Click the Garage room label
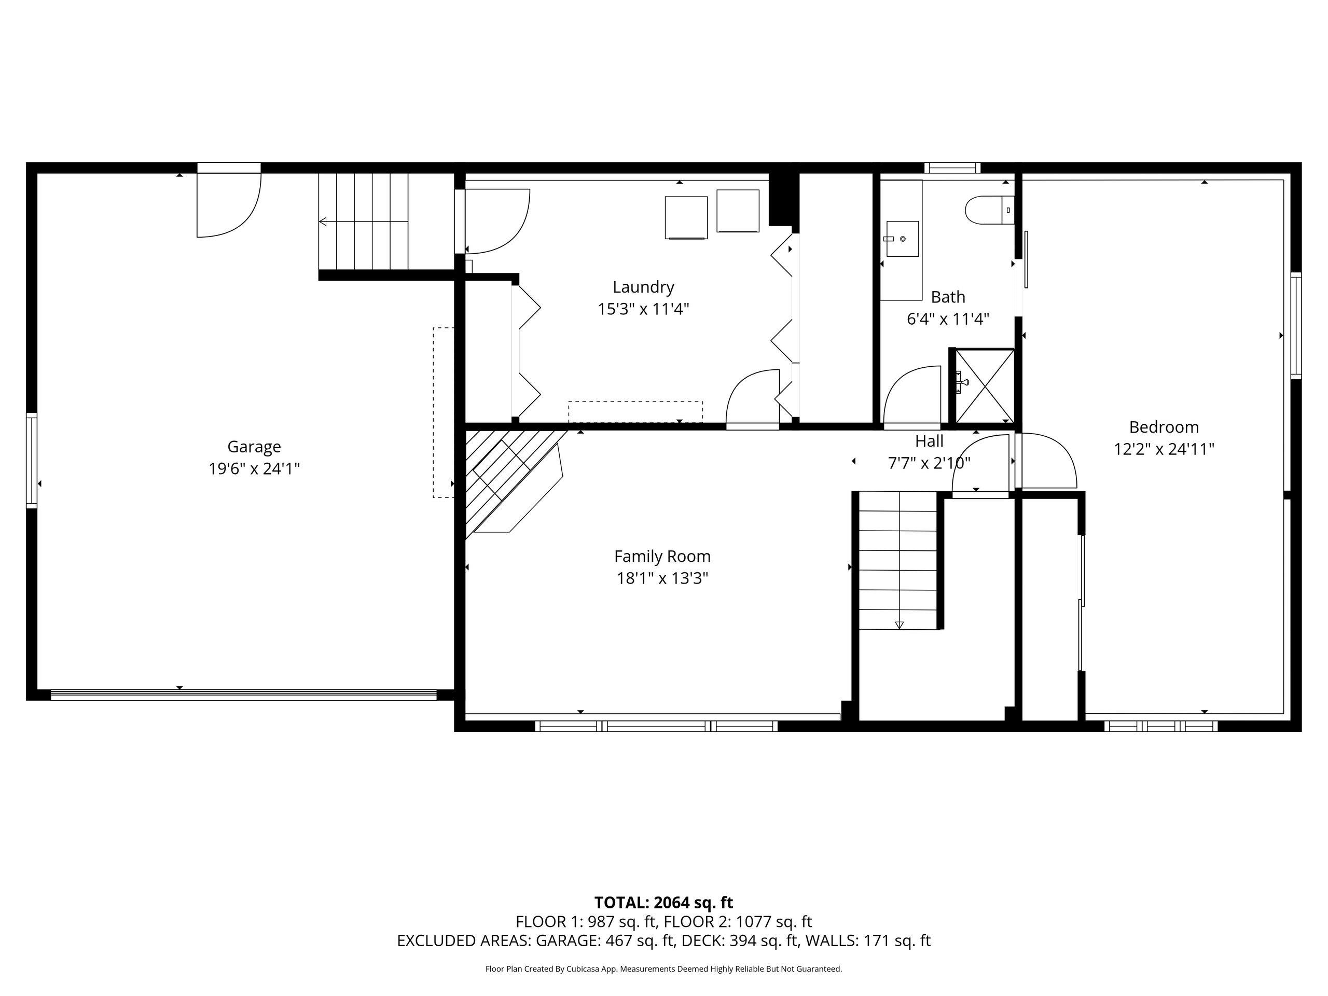pyautogui.click(x=254, y=447)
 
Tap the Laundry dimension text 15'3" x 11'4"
pyautogui.click(x=643, y=309)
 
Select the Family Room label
pyautogui.click(x=662, y=557)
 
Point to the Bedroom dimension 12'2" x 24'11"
pyautogui.click(x=1164, y=449)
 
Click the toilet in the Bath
pyautogui.click(x=989, y=210)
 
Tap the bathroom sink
pyautogui.click(x=902, y=239)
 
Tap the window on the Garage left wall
pyautogui.click(x=31, y=461)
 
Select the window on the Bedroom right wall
pyautogui.click(x=1296, y=325)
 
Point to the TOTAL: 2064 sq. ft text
pyautogui.click(x=663, y=902)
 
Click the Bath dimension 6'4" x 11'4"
pyautogui.click(x=948, y=319)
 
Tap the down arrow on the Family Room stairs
pyautogui.click(x=899, y=625)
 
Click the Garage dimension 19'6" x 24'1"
pyautogui.click(x=254, y=468)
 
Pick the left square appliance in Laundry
pyautogui.click(x=686, y=217)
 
